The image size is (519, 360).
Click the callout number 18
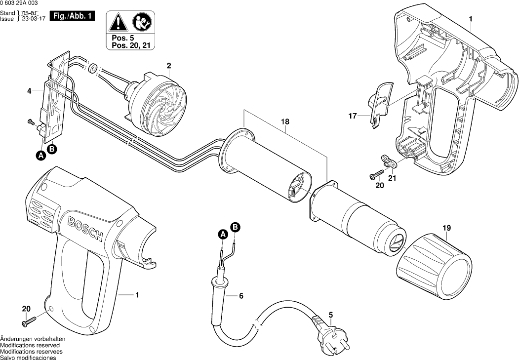(x=286, y=121)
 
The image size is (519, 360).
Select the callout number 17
(x=352, y=117)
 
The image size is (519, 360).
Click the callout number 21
(x=392, y=178)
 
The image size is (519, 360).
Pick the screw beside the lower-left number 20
(x=28, y=320)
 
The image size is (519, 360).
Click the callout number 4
(x=29, y=91)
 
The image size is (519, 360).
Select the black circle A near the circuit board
(x=41, y=156)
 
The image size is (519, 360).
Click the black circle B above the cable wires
(x=236, y=227)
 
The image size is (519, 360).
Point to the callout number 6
(x=241, y=296)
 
